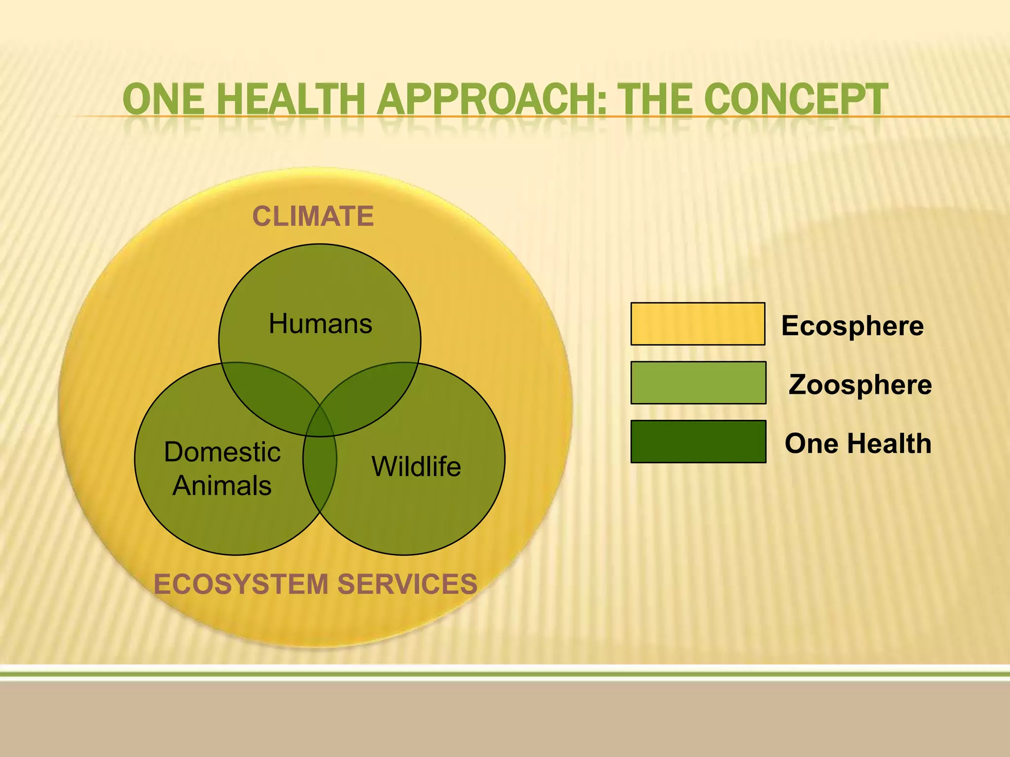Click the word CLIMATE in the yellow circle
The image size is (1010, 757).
[313, 216]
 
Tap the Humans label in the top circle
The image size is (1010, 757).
[320, 324]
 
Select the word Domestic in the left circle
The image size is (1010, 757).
[222, 452]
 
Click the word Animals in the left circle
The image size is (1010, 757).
[222, 486]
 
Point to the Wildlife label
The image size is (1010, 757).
[416, 466]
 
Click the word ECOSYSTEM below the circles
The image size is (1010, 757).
[241, 585]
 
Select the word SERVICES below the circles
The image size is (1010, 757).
[407, 585]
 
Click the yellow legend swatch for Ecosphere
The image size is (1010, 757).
[697, 324]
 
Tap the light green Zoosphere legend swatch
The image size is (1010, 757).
[698, 383]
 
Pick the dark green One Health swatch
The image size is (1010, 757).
[698, 442]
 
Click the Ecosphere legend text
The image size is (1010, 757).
[852, 326]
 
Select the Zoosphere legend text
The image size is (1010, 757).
[860, 384]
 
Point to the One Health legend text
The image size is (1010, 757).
[858, 443]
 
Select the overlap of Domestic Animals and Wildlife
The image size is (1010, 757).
[320, 473]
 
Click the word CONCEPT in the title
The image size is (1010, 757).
[798, 100]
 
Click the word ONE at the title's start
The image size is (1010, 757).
[163, 100]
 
